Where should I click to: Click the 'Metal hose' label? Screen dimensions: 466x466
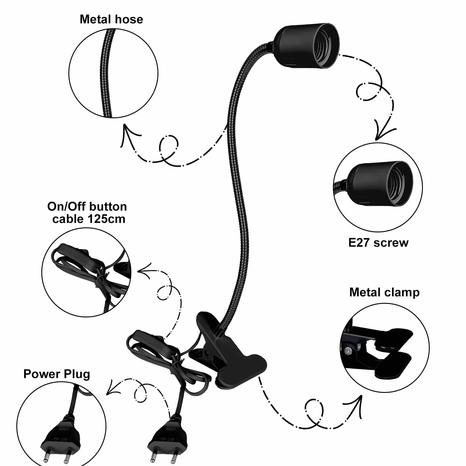[111, 20]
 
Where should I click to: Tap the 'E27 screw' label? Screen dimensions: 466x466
[378, 243]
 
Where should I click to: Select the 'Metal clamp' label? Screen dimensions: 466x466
[385, 292]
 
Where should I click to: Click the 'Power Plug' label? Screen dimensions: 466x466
[57, 374]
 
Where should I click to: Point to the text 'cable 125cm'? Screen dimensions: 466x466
[89, 219]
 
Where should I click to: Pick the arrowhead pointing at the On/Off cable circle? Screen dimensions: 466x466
[145, 271]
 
